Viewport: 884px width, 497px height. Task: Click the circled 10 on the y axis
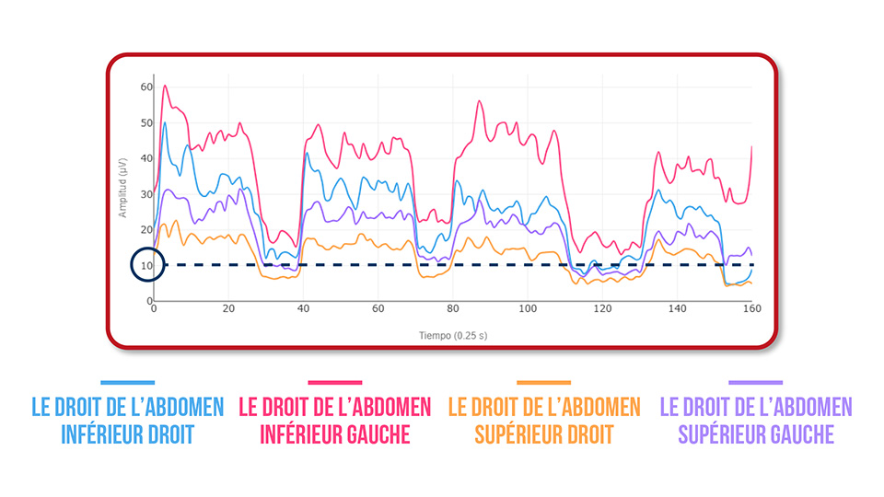[x=147, y=265]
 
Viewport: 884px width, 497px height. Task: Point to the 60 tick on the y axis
[x=146, y=87]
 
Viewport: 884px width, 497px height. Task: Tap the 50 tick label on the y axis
[x=146, y=122]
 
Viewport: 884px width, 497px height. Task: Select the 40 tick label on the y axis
[x=146, y=158]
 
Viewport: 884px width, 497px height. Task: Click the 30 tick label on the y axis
[x=146, y=194]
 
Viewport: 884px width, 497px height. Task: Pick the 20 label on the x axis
[x=228, y=309]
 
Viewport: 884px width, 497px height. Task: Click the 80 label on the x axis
[x=453, y=309]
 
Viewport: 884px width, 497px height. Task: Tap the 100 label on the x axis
[x=528, y=309]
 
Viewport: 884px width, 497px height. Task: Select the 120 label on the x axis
[x=602, y=309]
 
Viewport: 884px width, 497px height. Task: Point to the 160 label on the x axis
[x=751, y=309]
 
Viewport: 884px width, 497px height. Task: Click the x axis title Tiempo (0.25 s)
[x=452, y=336]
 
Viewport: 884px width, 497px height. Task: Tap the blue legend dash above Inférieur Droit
[x=128, y=383]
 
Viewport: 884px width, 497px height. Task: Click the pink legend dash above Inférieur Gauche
[x=335, y=383]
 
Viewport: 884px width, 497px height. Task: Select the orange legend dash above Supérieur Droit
[x=543, y=383]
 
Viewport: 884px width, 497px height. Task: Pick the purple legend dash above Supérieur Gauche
[x=756, y=383]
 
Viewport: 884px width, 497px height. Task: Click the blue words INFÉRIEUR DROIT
[x=128, y=434]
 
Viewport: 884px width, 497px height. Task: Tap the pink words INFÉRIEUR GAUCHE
[x=335, y=434]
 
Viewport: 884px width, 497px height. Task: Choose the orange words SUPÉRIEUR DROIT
[x=543, y=434]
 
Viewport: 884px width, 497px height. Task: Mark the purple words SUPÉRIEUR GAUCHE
[x=756, y=434]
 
